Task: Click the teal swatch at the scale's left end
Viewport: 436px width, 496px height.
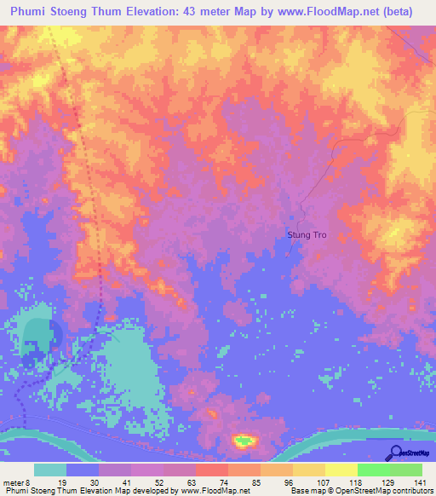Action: click(x=50, y=470)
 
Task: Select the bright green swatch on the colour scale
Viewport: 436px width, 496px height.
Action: click(x=373, y=470)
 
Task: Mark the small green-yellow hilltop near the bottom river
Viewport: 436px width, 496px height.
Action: click(x=244, y=441)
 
